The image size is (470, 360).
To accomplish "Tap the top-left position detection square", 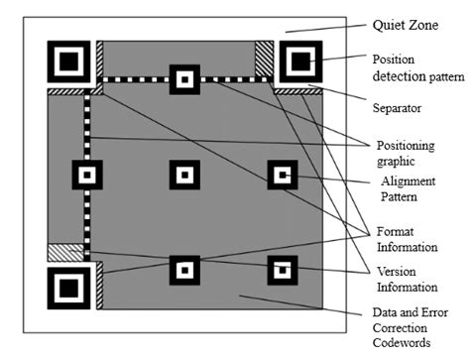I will [x=68, y=63].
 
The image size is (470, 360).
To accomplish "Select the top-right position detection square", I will [x=300, y=63].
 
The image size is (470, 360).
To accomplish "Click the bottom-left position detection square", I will [x=68, y=288].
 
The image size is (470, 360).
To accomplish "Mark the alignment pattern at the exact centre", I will [x=183, y=176].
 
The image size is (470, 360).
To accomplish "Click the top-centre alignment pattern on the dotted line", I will [x=183, y=79].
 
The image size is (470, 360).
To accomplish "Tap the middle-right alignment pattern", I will [x=282, y=176].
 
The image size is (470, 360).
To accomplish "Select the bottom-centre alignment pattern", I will [x=183, y=269].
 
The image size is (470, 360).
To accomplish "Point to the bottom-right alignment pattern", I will [x=282, y=269].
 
